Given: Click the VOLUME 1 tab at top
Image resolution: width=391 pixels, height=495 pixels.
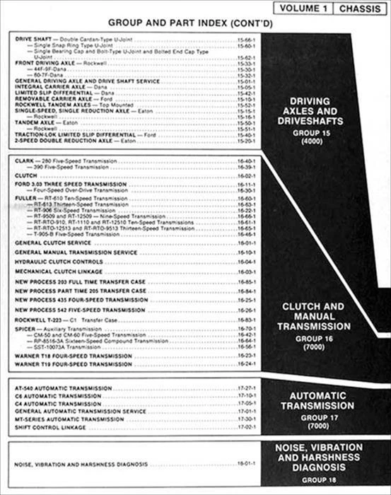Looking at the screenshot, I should coord(304,8).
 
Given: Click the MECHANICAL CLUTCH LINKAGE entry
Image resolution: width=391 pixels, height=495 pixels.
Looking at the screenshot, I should coord(57,271).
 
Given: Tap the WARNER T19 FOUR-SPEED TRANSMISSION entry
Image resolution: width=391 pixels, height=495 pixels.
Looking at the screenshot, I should coord(73,365).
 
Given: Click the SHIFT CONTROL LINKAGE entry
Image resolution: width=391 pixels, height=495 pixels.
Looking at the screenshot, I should coord(49,426).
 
